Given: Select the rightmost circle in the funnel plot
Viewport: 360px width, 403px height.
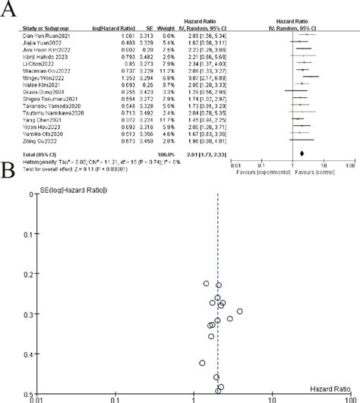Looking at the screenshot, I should tap(239, 311).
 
